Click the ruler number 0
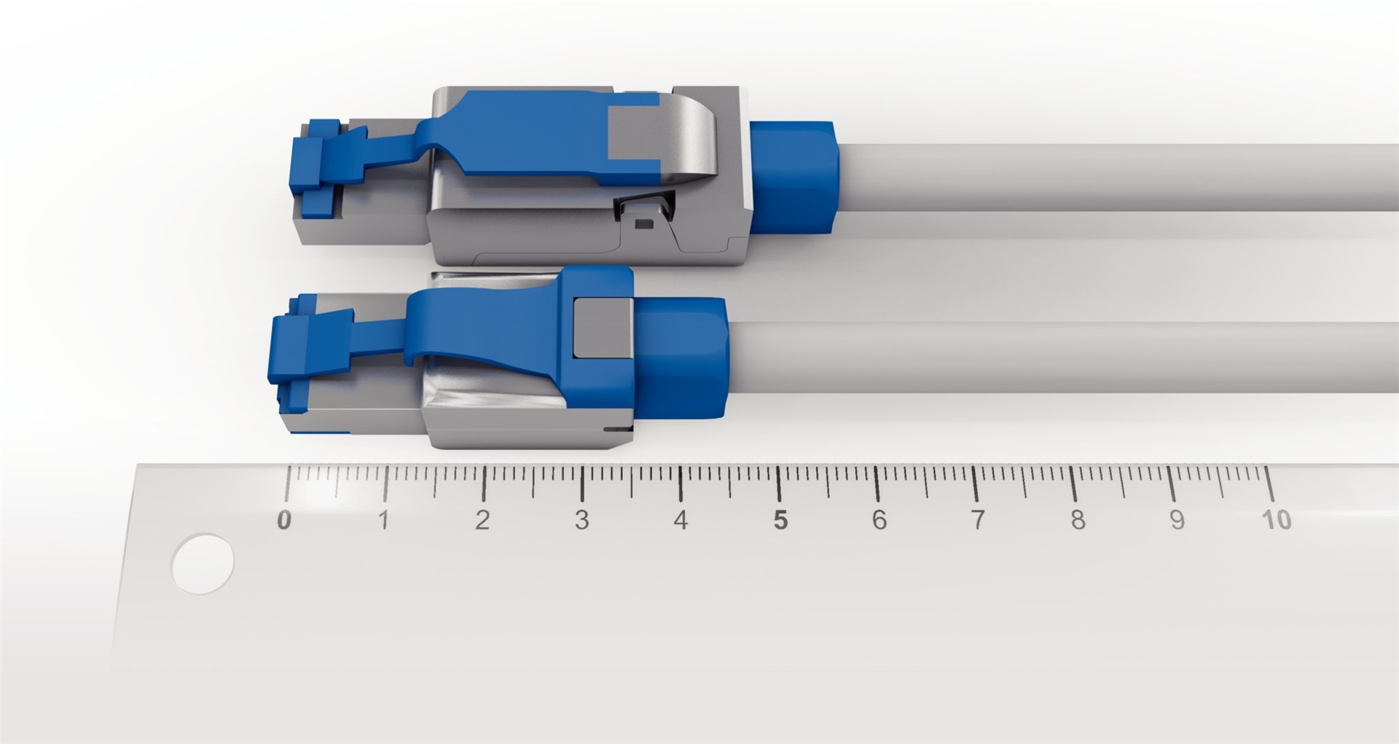click(x=284, y=520)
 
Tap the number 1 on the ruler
click(x=383, y=520)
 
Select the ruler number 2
click(x=482, y=520)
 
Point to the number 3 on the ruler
click(x=581, y=520)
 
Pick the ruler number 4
click(x=681, y=520)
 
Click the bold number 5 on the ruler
click(x=780, y=520)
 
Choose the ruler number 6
click(x=879, y=520)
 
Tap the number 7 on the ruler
click(x=978, y=520)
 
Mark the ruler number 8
click(x=1078, y=520)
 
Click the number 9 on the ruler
click(x=1177, y=520)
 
